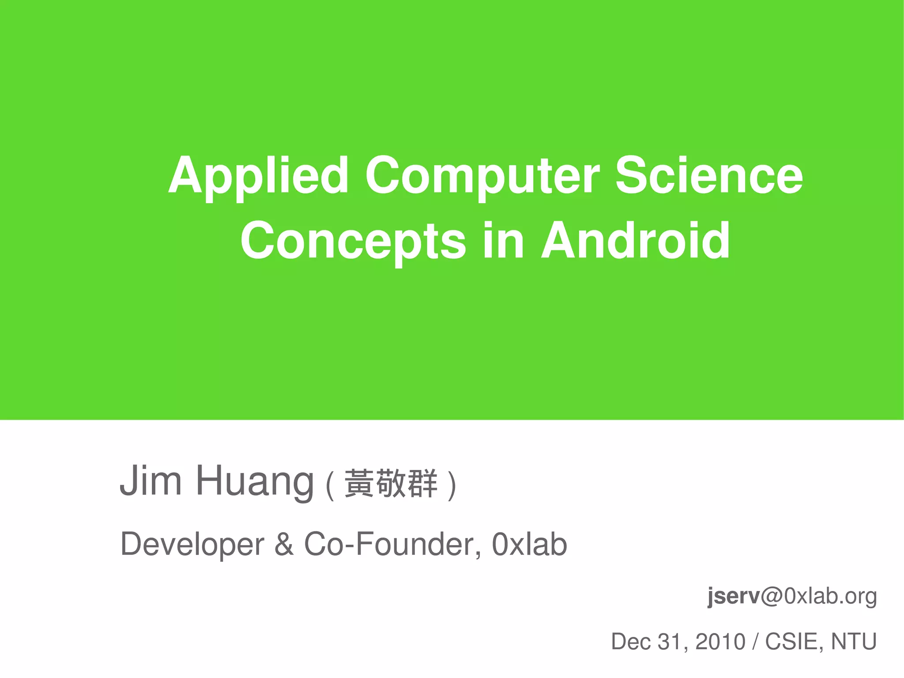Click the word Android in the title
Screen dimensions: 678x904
(636, 241)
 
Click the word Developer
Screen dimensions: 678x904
(192, 545)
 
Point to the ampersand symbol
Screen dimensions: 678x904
(284, 545)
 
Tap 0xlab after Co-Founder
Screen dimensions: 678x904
(529, 545)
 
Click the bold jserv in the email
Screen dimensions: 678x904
(733, 596)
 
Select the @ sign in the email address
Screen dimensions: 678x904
(772, 596)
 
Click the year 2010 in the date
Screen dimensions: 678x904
(720, 642)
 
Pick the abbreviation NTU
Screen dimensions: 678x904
(854, 642)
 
